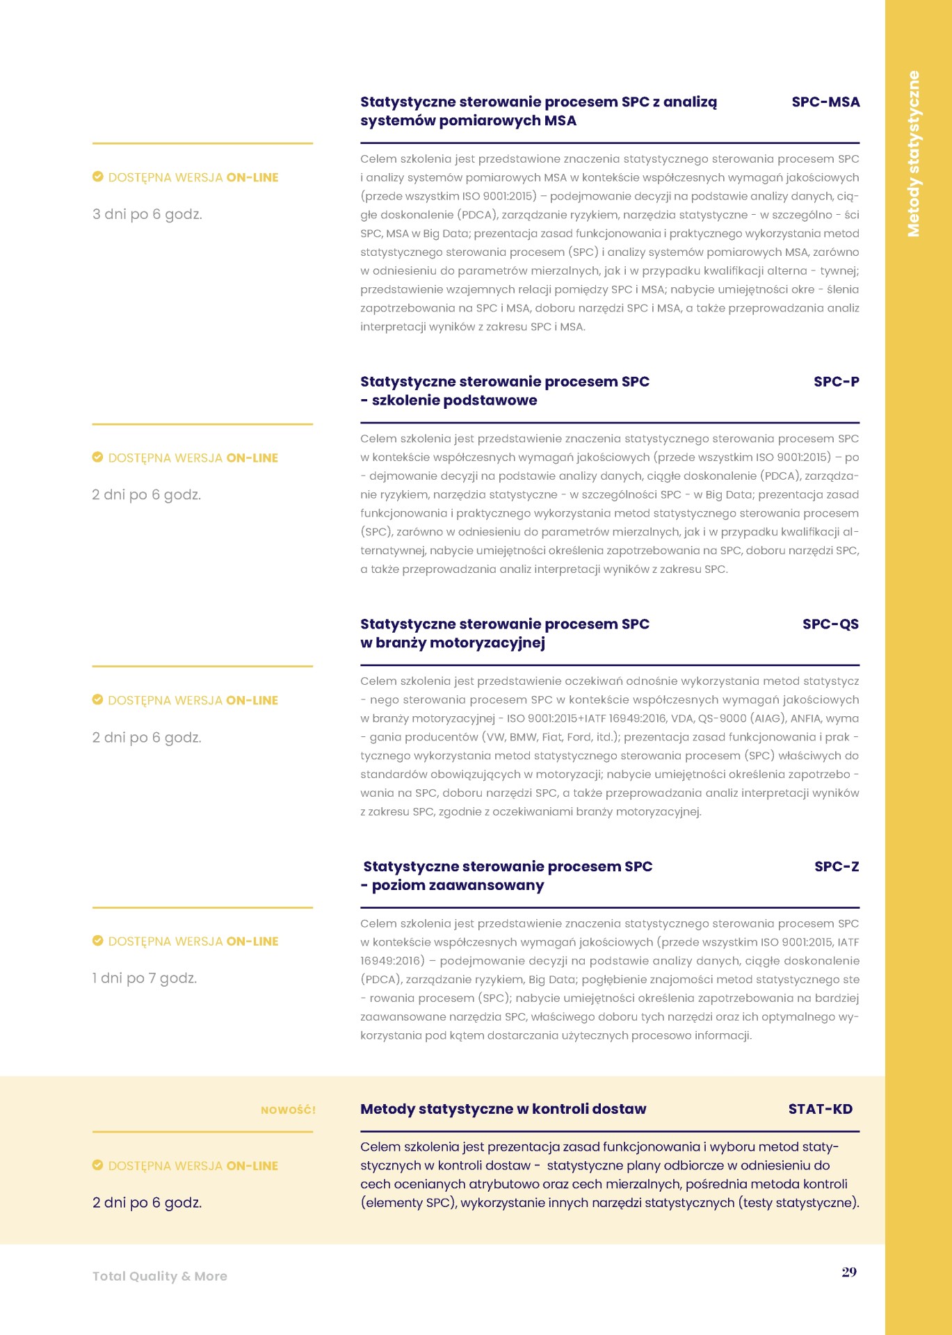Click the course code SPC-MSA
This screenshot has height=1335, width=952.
(x=825, y=102)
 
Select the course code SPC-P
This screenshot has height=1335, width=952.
(x=837, y=382)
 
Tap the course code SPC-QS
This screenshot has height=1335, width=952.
(x=830, y=624)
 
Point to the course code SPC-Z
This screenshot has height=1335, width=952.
(x=837, y=867)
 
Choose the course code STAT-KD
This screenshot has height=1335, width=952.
(x=821, y=1109)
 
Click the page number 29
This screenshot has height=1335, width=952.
(x=849, y=1272)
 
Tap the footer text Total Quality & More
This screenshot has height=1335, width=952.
(x=160, y=1276)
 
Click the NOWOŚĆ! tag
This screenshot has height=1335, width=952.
(x=288, y=1110)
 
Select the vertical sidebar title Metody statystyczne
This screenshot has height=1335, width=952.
(x=914, y=154)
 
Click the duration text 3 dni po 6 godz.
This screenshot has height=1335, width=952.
(x=147, y=214)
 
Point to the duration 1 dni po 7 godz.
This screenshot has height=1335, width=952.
(x=145, y=978)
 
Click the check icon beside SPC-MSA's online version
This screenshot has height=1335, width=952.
(x=98, y=177)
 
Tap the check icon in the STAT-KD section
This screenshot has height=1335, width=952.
(x=98, y=1165)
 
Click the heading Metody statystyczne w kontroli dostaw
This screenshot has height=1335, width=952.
(x=503, y=1109)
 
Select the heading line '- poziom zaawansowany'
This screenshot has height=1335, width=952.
(x=452, y=886)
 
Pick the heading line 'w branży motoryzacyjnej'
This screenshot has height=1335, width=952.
(x=453, y=643)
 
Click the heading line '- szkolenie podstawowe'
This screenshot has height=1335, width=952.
(x=449, y=400)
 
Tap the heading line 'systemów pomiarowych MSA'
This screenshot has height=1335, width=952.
(x=468, y=121)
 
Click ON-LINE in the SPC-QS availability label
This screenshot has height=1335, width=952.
(x=252, y=700)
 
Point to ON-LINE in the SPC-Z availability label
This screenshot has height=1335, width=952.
(x=252, y=941)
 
